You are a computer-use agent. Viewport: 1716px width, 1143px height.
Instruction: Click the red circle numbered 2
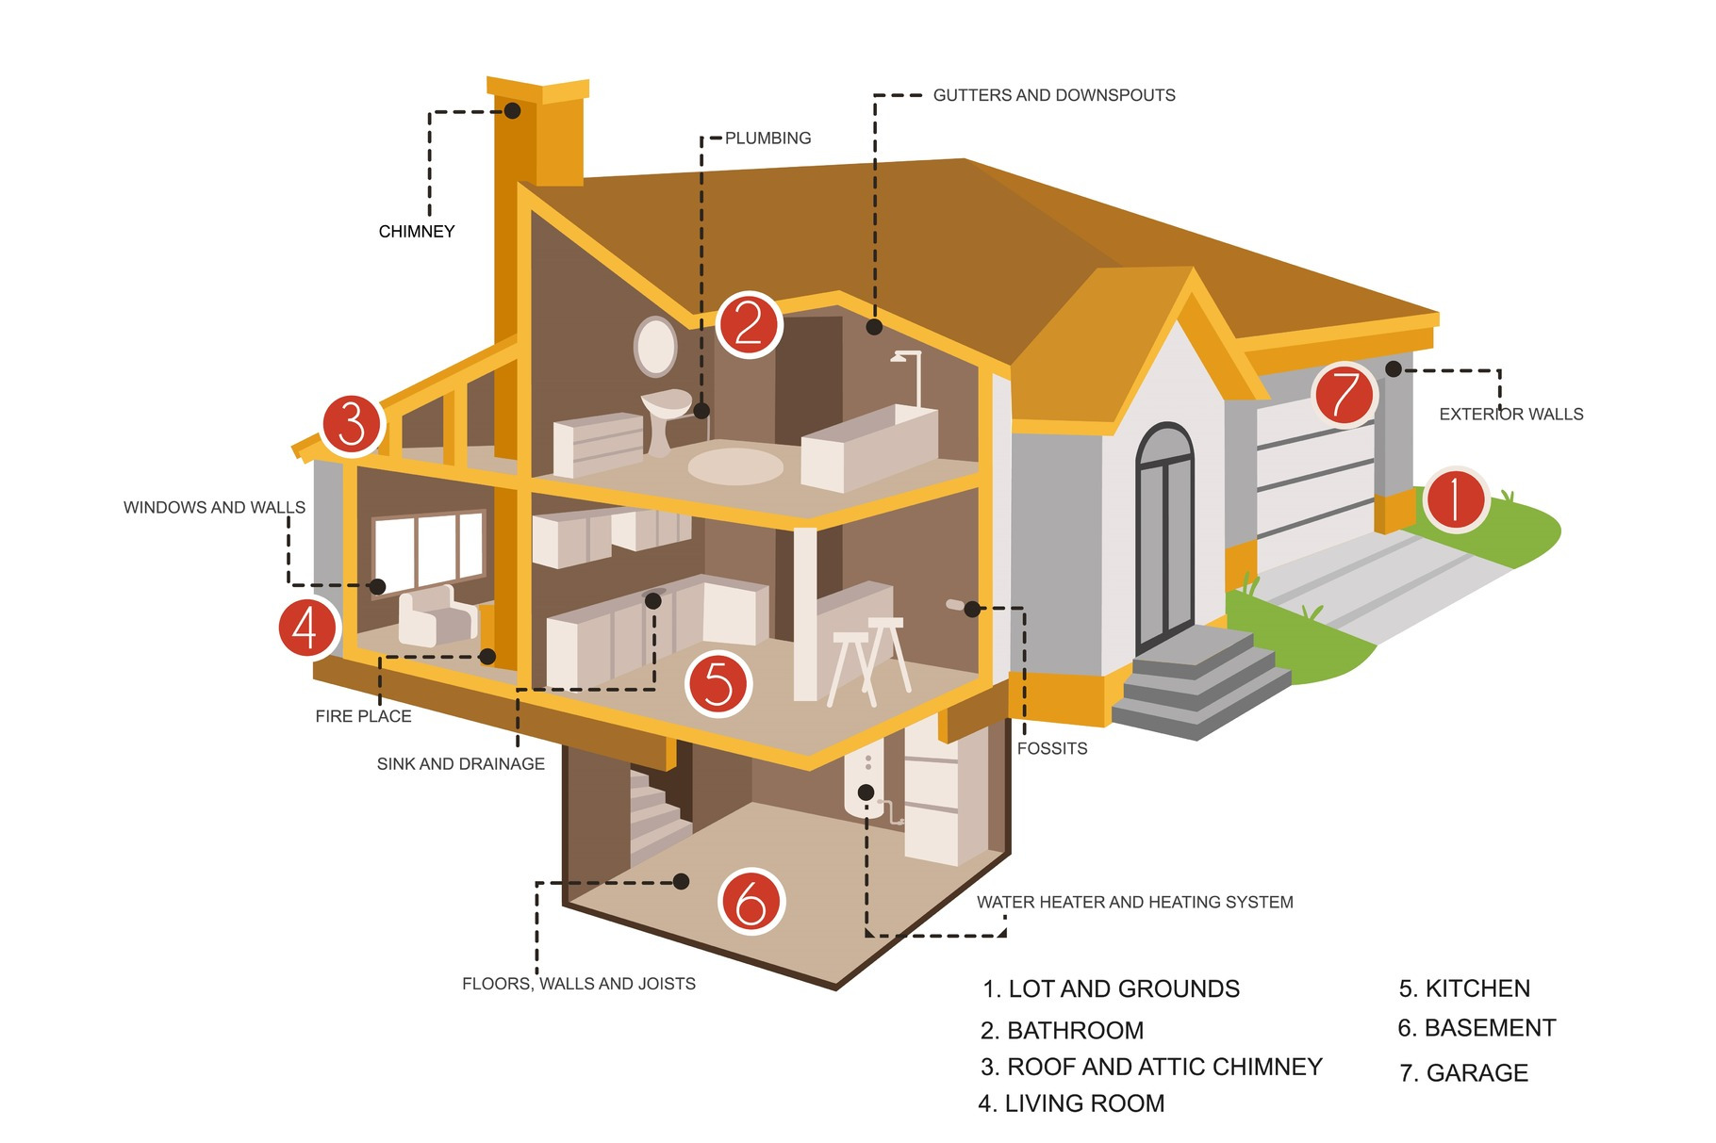tap(749, 324)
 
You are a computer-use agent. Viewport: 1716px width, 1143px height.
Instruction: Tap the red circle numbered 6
tap(751, 902)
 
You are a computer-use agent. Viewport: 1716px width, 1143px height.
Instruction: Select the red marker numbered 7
tap(1345, 394)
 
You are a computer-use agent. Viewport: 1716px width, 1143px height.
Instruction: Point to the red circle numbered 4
tap(307, 627)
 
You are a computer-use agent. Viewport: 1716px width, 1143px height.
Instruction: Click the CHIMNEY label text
tap(417, 232)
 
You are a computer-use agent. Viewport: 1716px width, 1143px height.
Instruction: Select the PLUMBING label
tap(767, 139)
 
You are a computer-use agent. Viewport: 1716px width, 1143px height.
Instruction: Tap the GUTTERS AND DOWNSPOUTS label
tap(1054, 95)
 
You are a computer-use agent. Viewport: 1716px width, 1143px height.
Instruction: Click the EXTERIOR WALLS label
tap(1510, 415)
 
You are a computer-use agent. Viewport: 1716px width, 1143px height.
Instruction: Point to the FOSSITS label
tap(1052, 749)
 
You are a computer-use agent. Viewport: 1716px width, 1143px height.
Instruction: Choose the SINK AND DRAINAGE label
tap(460, 764)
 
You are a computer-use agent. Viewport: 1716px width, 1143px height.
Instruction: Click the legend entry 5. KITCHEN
tap(1464, 988)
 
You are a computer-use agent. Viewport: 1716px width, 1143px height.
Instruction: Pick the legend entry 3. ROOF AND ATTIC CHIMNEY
tap(1151, 1067)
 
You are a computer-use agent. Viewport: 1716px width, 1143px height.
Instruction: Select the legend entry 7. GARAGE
tap(1463, 1073)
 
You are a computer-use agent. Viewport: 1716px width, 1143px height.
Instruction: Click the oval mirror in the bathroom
tap(655, 347)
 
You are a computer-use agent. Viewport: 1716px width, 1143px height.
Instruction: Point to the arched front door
tap(1164, 537)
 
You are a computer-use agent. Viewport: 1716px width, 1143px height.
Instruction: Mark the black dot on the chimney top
tap(512, 110)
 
